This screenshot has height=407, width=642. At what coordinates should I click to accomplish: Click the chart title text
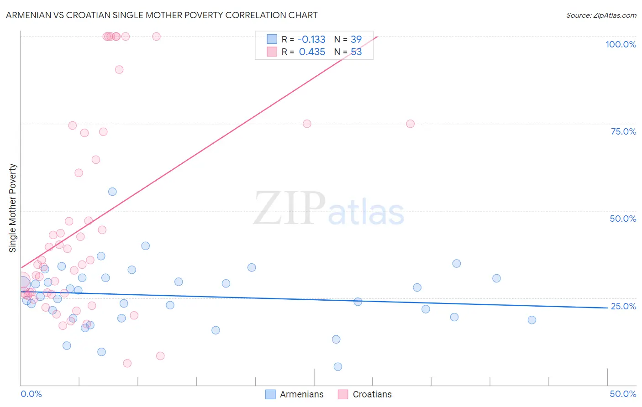162,15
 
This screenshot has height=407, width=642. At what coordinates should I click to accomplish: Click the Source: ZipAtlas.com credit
601,15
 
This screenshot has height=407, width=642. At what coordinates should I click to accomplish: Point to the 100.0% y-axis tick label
621,44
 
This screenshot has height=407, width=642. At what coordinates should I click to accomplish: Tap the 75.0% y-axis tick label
623,131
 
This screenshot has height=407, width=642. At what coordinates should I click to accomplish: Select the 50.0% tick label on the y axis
623,219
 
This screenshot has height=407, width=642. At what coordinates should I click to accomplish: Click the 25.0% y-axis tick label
623,306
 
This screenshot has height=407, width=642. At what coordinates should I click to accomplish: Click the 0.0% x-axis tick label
31,394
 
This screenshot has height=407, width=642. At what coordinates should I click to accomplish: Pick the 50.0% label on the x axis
623,394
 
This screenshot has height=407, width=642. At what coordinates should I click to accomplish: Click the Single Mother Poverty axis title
13,208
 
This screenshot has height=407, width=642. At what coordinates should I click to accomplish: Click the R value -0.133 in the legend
311,40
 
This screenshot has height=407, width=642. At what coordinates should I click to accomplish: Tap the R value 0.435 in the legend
312,52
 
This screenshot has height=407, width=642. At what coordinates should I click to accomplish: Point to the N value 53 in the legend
356,52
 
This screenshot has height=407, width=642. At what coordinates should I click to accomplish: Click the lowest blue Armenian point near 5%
338,367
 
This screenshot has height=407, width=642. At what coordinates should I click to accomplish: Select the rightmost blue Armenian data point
532,320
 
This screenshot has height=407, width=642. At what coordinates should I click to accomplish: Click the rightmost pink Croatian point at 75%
410,124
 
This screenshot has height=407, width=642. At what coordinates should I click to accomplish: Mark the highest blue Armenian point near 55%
112,192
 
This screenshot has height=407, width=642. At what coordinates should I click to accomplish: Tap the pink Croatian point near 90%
119,69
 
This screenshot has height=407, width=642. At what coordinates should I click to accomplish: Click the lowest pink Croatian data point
127,363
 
